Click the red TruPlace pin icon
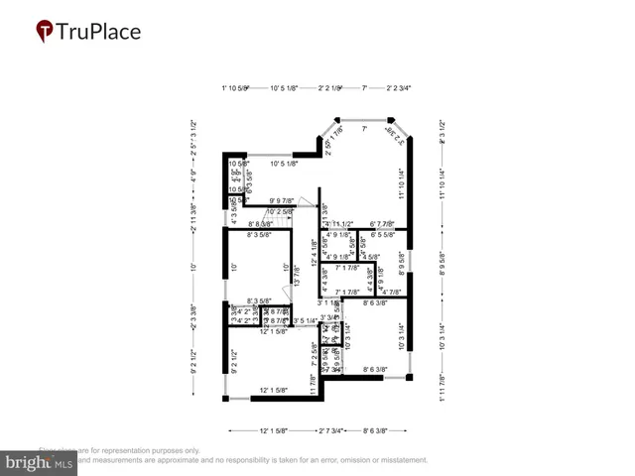pos(45,32)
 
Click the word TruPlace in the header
pos(98,32)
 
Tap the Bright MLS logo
pos(40,461)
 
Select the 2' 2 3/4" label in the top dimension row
pos(399,87)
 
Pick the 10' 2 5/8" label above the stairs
pos(278,211)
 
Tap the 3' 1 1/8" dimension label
pos(328,302)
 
